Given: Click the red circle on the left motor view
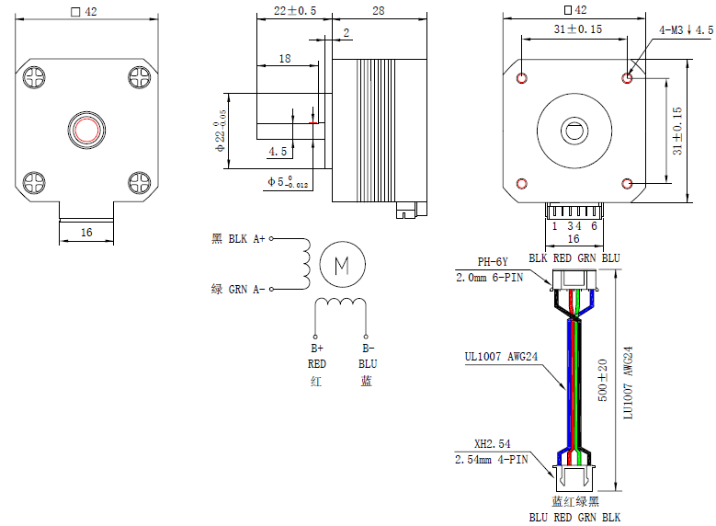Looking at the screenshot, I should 86,129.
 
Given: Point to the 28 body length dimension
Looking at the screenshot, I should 378,11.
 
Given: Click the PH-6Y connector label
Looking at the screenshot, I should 493,261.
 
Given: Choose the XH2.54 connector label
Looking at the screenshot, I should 492,443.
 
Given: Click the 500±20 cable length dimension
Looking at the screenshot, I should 603,377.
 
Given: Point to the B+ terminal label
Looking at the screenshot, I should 316,349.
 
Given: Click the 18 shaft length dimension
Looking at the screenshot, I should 284,58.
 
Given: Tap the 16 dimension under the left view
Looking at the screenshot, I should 85,233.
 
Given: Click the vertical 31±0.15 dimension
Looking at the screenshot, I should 677,130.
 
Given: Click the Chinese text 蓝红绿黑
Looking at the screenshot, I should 574,502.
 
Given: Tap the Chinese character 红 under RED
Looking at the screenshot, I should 316,381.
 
